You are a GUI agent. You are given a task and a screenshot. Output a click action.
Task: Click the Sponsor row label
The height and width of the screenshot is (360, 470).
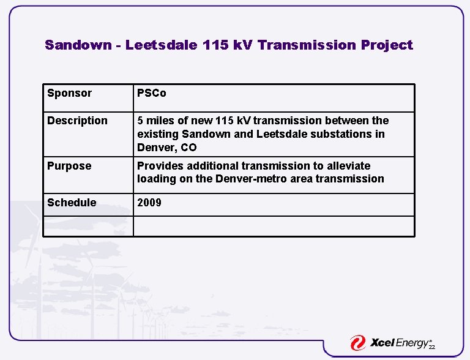[69, 93]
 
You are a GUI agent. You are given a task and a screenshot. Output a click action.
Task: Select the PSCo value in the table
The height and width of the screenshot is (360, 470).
[151, 93]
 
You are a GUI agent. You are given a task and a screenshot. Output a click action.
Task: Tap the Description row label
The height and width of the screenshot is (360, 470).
[77, 121]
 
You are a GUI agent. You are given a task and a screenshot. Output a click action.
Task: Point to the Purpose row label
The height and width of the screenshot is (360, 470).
[69, 166]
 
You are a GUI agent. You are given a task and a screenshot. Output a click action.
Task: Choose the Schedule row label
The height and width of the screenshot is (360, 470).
[72, 203]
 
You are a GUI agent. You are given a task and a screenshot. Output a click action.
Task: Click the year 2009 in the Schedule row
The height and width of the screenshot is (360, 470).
[149, 203]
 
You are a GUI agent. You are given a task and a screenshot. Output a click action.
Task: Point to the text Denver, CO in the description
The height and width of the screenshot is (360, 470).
[166, 148]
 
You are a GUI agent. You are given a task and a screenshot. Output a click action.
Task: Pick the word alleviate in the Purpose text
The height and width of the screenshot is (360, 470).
[348, 166]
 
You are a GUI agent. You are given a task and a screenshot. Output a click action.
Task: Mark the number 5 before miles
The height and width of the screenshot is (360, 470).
[140, 121]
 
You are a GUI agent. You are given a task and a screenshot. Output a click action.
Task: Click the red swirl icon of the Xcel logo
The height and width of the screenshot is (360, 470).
[358, 343]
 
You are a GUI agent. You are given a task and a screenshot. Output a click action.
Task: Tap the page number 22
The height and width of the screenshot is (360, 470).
[431, 347]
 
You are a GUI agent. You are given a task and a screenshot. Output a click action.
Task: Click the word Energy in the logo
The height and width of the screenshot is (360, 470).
[414, 343]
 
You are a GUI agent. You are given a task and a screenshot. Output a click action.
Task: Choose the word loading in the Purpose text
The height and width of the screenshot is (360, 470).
[155, 179]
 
